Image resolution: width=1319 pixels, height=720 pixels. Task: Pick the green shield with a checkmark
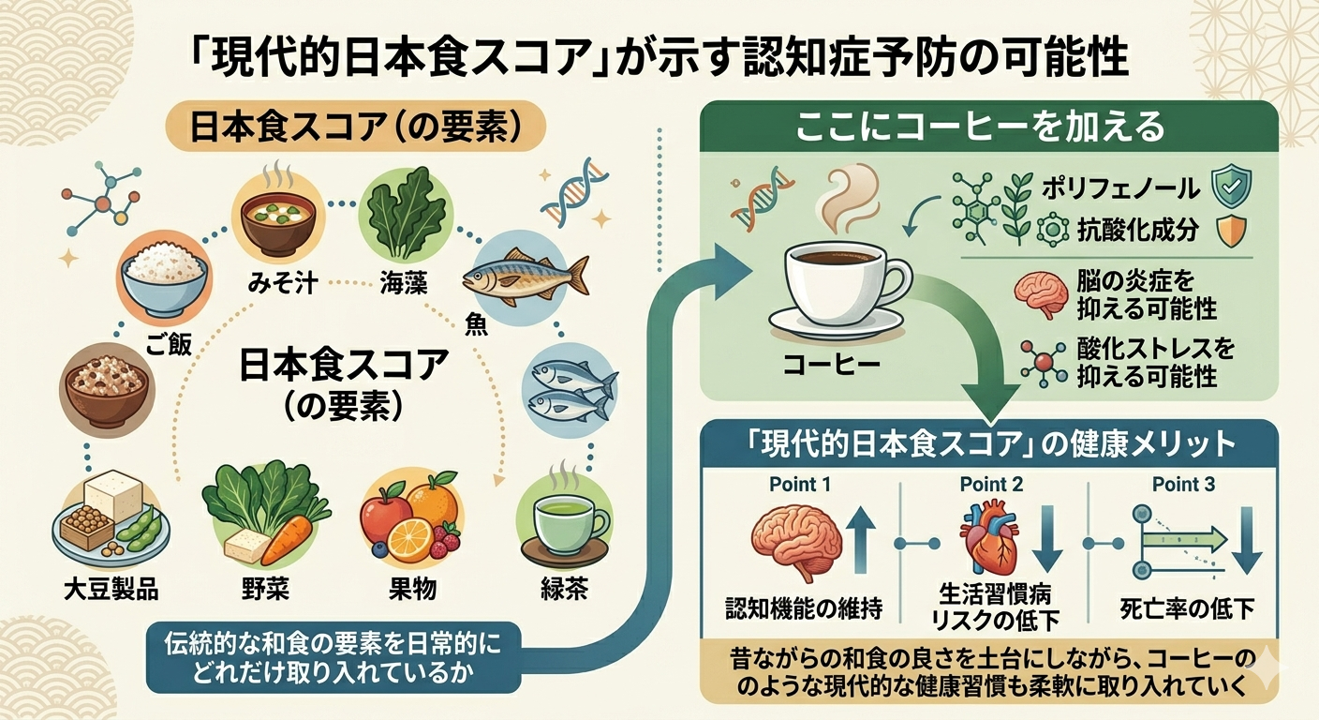click(1230, 188)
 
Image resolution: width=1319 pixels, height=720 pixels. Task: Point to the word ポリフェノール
click(1120, 188)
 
